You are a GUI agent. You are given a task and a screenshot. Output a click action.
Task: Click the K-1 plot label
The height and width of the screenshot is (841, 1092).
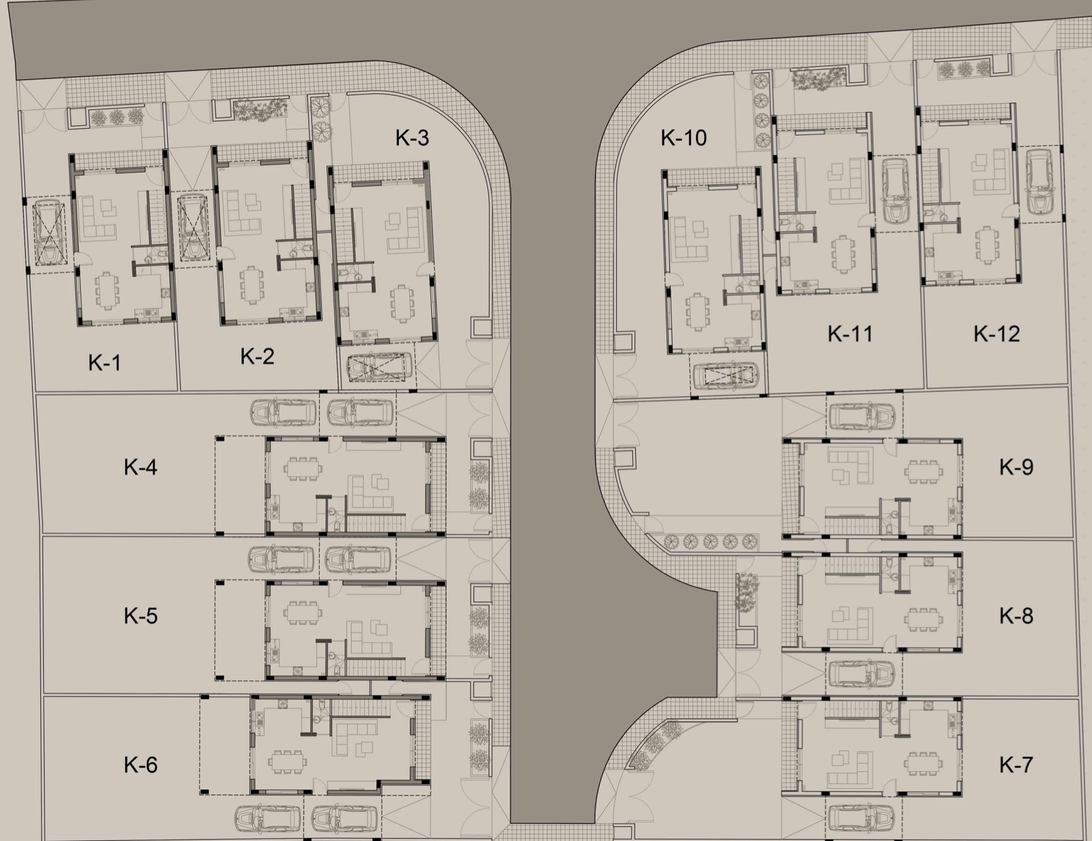[x=104, y=363]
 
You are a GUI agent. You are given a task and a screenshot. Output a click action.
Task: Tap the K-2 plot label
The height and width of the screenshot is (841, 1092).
[x=257, y=356]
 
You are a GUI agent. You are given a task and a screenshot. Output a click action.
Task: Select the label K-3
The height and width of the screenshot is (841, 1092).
[x=412, y=138]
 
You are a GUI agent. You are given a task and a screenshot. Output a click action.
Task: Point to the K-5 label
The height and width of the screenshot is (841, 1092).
[x=141, y=615]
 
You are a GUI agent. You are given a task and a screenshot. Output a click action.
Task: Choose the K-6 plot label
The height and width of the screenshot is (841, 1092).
[x=141, y=764]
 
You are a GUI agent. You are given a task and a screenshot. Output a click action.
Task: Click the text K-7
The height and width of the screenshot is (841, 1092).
[x=1016, y=764]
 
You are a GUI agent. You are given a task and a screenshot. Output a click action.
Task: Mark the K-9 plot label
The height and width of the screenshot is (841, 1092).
[x=1016, y=466]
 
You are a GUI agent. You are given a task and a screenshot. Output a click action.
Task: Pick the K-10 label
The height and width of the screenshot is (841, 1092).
[x=683, y=137]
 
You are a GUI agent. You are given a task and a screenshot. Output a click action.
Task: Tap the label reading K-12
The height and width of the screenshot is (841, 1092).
[x=997, y=333]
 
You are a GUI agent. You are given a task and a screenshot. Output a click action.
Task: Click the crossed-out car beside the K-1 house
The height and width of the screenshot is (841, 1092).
[x=49, y=233]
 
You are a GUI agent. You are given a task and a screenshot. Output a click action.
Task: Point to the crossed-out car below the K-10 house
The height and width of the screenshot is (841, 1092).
[x=726, y=376]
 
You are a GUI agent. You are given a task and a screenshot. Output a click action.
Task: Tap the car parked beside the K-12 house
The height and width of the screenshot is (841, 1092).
[x=1039, y=182]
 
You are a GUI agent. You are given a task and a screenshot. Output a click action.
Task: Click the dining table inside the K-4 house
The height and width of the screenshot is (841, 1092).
[x=304, y=469]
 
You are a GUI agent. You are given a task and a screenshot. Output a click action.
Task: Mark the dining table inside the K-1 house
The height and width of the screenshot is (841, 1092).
[x=107, y=290]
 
